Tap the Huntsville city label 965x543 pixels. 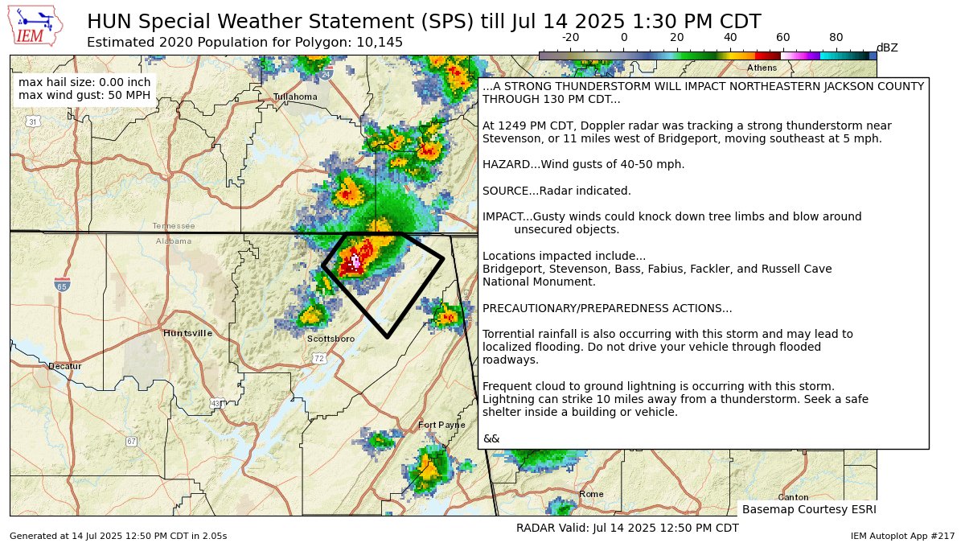click(187, 333)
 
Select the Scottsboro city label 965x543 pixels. click(331, 339)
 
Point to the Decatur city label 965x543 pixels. click(65, 366)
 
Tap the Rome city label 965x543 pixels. click(591, 494)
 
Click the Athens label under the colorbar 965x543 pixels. click(762, 68)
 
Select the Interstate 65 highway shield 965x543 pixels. click(62, 284)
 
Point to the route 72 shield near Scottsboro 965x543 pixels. click(319, 357)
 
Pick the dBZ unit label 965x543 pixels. click(887, 48)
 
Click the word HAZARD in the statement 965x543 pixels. click(503, 164)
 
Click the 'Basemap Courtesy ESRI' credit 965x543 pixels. click(808, 509)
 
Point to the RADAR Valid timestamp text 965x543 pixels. click(627, 528)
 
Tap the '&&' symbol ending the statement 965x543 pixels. click(491, 438)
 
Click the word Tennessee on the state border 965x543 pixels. click(173, 226)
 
